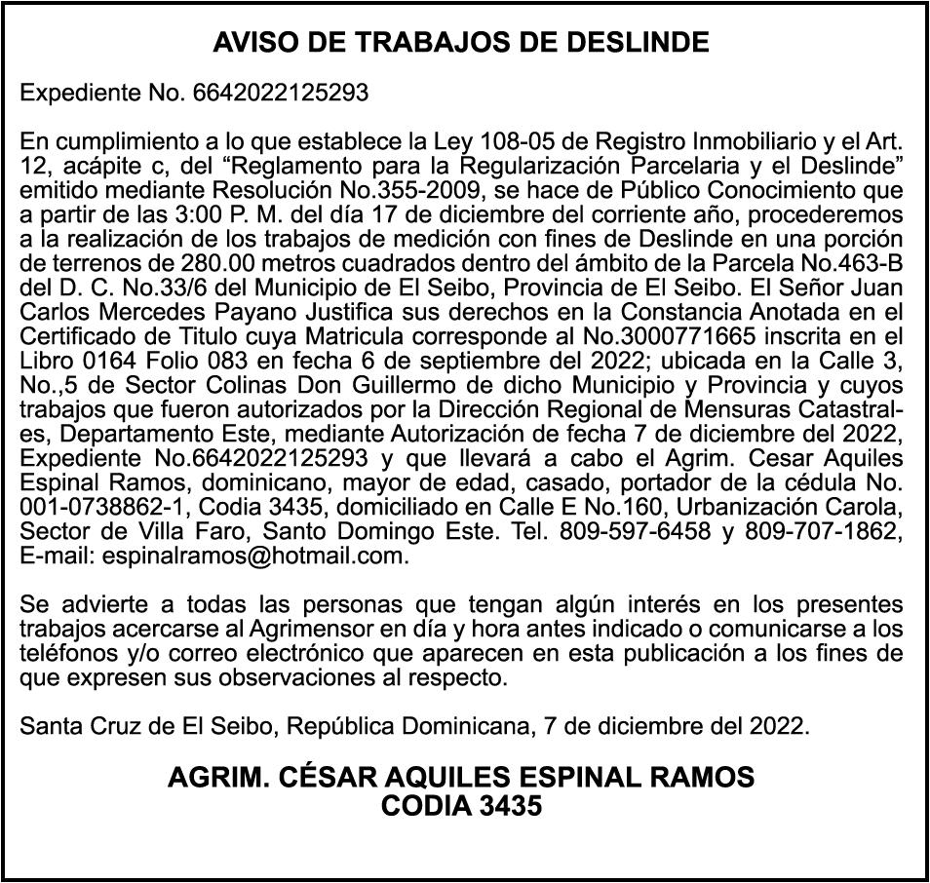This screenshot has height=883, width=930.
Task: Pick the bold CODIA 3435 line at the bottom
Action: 461,807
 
